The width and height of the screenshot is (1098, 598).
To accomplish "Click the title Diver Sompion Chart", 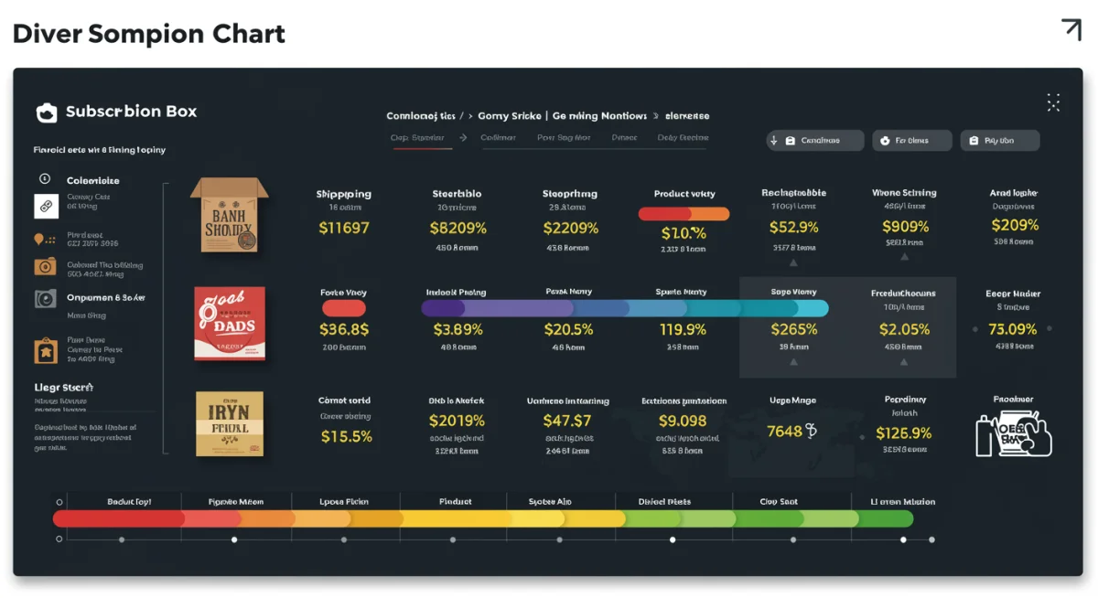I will pyautogui.click(x=149, y=34).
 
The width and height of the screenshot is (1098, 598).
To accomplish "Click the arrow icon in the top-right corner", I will pyautogui.click(x=1071, y=29).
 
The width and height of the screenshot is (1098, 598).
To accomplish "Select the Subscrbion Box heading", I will pyautogui.click(x=131, y=112).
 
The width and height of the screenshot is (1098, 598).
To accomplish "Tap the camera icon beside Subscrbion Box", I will pyautogui.click(x=46, y=112).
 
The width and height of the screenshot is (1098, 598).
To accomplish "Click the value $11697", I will pyautogui.click(x=344, y=228).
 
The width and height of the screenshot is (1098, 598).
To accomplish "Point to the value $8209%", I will pyautogui.click(x=457, y=228).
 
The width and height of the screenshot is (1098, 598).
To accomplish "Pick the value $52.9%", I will pyautogui.click(x=793, y=227).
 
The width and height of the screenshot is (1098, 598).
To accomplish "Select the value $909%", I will pyautogui.click(x=904, y=227).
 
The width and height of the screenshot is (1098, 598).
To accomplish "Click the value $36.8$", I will pyautogui.click(x=344, y=329).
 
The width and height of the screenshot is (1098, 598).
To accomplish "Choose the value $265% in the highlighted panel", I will pyautogui.click(x=793, y=329).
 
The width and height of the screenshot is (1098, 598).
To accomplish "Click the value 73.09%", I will pyautogui.click(x=1013, y=329).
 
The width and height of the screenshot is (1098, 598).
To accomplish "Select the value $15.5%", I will pyautogui.click(x=347, y=436).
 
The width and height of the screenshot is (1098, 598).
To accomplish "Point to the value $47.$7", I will pyautogui.click(x=567, y=421).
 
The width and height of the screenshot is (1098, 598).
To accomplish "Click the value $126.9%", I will pyautogui.click(x=903, y=432).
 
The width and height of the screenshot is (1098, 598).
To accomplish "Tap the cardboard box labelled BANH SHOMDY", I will pyautogui.click(x=229, y=216).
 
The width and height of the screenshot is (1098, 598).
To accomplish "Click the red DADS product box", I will pyautogui.click(x=230, y=322).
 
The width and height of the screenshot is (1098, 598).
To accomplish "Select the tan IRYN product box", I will pyautogui.click(x=230, y=424).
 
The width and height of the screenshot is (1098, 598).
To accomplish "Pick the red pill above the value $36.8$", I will pyautogui.click(x=344, y=308).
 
